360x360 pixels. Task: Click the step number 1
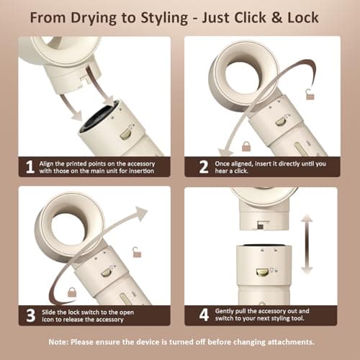pyautogui.click(x=30, y=167)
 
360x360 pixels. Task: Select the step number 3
pyautogui.click(x=30, y=315)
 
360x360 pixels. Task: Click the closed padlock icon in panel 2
pyautogui.click(x=246, y=146)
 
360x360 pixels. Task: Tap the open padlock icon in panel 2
pyautogui.click(x=310, y=94)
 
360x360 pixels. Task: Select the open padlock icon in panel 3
pyautogui.click(x=137, y=251)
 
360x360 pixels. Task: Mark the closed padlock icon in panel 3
pyautogui.click(x=72, y=292)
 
